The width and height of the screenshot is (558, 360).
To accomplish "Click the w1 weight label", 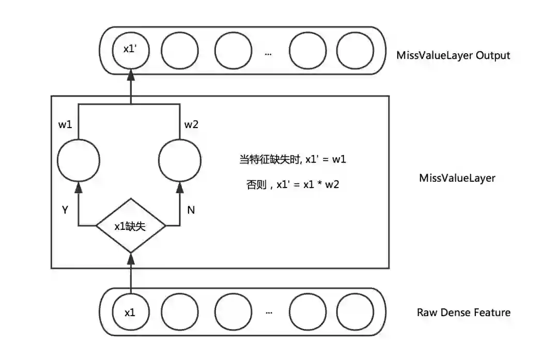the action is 65,124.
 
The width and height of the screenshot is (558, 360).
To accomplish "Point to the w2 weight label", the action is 191,124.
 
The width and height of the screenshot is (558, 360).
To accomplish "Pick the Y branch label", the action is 65,210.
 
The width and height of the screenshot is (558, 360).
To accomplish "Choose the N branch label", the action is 191,210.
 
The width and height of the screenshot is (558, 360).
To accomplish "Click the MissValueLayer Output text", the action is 453,55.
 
